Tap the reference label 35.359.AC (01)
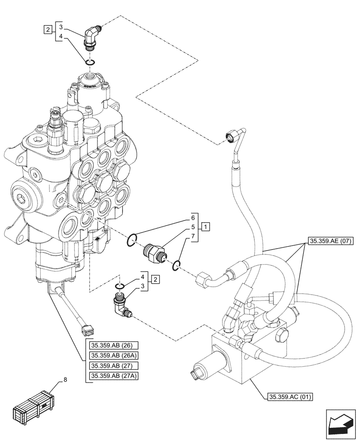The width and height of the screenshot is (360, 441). point(289,397)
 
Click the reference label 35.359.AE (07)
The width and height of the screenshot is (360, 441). point(328,241)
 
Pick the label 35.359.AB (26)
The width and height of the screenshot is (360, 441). point(108,345)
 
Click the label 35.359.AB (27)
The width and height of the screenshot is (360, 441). point(108,366)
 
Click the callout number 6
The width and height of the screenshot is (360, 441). point(193,218)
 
